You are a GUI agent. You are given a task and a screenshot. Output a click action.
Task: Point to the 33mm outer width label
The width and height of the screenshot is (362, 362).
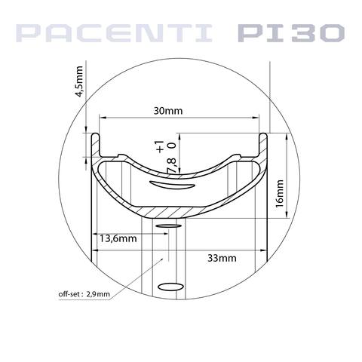[x=221, y=258]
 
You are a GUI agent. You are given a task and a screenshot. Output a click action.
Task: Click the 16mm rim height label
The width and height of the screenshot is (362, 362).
[x=279, y=193]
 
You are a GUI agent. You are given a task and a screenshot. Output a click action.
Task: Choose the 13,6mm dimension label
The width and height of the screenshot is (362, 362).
[x=118, y=238]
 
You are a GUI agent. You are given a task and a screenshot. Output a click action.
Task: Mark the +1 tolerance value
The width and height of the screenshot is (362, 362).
[x=159, y=145]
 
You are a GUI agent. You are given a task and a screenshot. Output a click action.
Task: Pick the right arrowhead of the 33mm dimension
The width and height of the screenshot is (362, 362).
[x=265, y=249]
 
